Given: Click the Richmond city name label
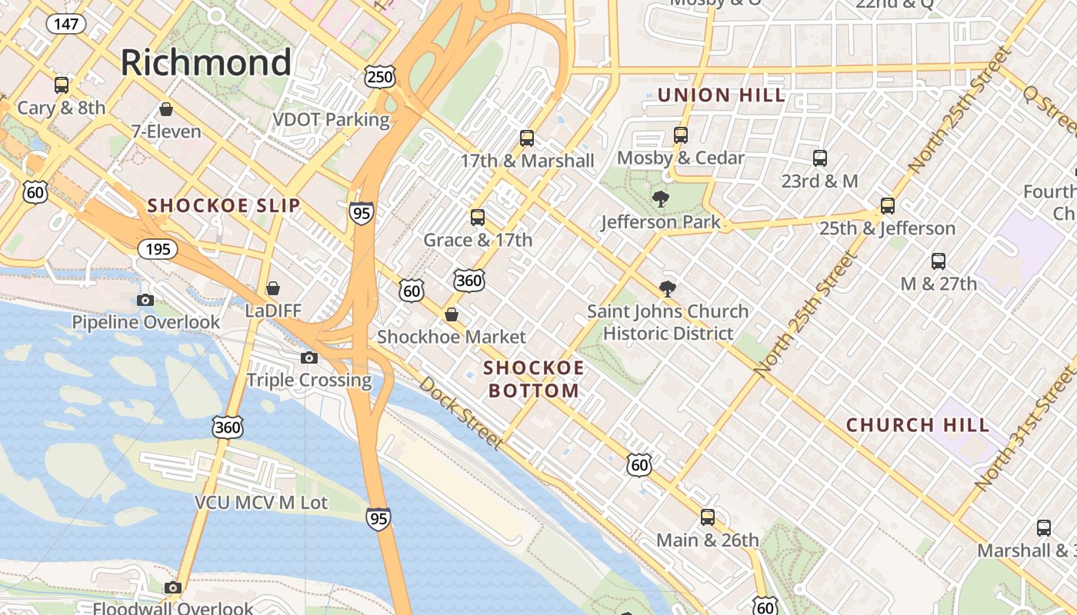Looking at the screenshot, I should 205,62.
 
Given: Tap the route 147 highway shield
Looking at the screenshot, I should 66,24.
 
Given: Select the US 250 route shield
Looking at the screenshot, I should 380,76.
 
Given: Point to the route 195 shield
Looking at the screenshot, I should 158,249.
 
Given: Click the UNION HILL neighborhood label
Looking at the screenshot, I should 721,95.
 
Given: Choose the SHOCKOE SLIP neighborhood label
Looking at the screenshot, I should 223,205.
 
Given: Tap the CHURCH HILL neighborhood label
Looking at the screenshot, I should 918,425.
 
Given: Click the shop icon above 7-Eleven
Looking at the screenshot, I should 165,109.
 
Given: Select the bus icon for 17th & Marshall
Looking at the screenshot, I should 527,138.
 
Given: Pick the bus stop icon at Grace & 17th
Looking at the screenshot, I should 478,218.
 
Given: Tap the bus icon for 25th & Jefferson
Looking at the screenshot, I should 888,206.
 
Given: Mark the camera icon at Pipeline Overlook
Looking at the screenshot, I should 145,300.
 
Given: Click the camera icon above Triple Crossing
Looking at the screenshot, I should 309,357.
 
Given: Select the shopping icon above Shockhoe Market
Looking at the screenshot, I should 452,314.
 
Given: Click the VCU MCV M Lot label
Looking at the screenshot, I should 261,503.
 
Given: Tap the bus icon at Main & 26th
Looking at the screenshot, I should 708,517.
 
